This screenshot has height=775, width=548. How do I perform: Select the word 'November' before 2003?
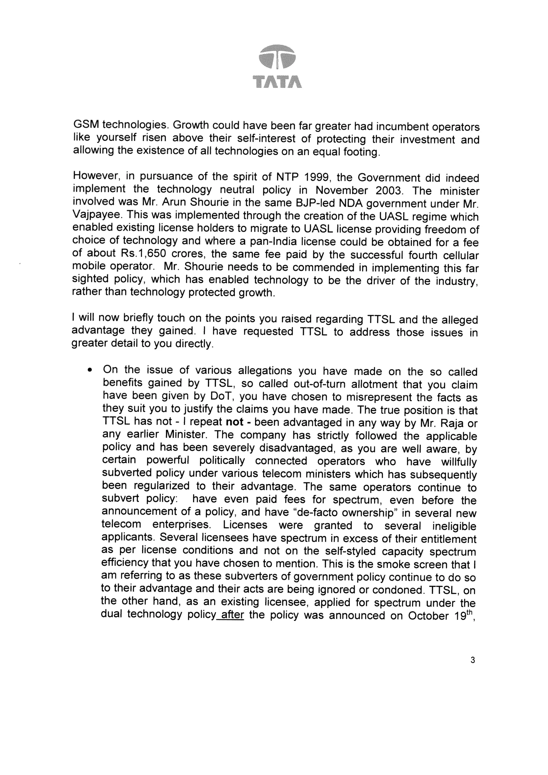point(341,190)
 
